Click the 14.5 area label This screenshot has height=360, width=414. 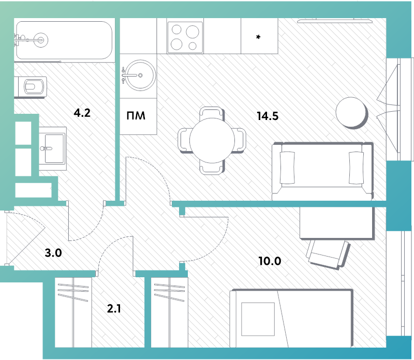tap(268, 116)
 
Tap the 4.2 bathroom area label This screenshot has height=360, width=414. tap(82, 113)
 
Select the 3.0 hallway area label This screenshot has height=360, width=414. tap(53, 253)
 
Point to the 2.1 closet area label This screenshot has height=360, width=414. tap(114, 308)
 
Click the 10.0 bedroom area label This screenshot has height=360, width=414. tap(270, 261)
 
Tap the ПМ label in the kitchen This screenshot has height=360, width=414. tap(136, 116)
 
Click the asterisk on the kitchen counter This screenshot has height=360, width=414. tap(258, 37)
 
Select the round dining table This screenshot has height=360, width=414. tap(212, 140)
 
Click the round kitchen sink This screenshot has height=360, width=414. tap(140, 76)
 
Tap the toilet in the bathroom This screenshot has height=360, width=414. tap(31, 86)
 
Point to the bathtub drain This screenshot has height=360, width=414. tap(41, 40)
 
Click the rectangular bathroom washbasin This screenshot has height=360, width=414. tap(53, 148)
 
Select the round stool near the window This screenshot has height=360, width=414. tap(352, 113)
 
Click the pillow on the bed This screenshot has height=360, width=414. tap(258, 319)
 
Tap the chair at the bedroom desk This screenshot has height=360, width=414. tap(328, 253)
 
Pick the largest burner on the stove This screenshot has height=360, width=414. tap(193, 32)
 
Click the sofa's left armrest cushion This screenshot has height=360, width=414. tap(287, 168)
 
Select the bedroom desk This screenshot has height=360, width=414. tap(337, 222)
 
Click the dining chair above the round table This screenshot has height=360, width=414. tap(211, 114)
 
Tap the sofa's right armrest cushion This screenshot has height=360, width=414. tap(356, 168)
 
